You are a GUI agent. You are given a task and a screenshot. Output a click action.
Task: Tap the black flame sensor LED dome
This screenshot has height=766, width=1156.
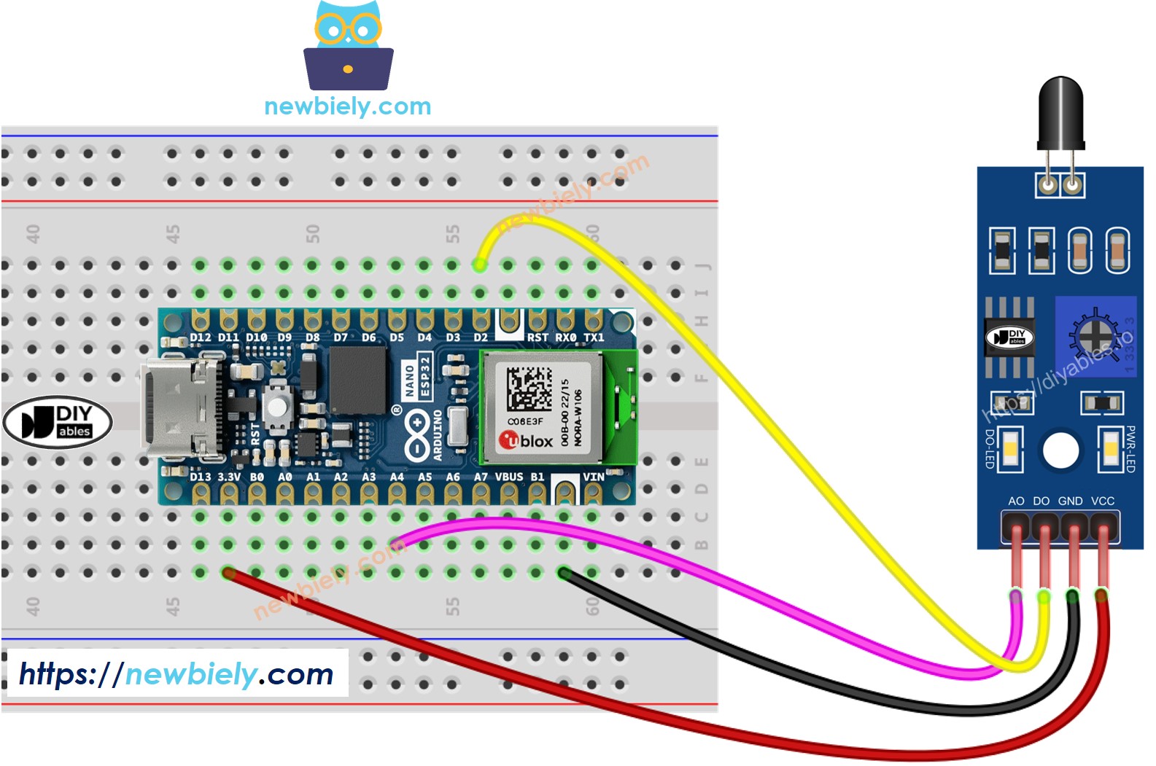coord(1060,109)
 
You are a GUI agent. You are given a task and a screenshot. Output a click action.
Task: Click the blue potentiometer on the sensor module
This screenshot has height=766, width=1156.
coord(1095,336)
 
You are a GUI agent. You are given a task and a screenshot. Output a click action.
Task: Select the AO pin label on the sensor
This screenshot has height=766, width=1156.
coord(1016,501)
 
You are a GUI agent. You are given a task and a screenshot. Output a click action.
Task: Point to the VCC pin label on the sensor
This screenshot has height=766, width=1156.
coord(1103,501)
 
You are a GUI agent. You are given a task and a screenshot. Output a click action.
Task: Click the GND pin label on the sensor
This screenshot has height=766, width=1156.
coord(1070,501)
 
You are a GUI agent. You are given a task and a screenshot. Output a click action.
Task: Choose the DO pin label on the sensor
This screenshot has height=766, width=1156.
coord(1041,501)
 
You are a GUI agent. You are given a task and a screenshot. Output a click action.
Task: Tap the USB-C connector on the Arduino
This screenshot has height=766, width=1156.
coord(179,408)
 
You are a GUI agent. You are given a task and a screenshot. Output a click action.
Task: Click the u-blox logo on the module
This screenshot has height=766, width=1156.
coord(526,440)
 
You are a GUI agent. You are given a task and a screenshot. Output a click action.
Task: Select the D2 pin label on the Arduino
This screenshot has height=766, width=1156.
coord(480,337)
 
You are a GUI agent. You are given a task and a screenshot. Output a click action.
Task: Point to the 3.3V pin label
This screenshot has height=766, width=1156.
coord(229,477)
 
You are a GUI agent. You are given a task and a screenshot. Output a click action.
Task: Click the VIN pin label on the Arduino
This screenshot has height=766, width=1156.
coord(593,477)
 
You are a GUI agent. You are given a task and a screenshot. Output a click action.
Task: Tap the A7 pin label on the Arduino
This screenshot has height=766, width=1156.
coord(481,477)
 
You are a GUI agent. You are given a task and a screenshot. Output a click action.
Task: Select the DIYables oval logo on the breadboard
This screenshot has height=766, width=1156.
coord(58,422)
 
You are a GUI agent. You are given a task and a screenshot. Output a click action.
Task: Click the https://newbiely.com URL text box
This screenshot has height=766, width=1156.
coord(176,673)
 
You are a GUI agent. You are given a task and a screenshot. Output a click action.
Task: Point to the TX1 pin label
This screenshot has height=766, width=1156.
coord(594,337)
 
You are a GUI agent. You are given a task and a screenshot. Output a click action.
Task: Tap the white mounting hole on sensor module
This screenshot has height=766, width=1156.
coord(1060,450)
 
